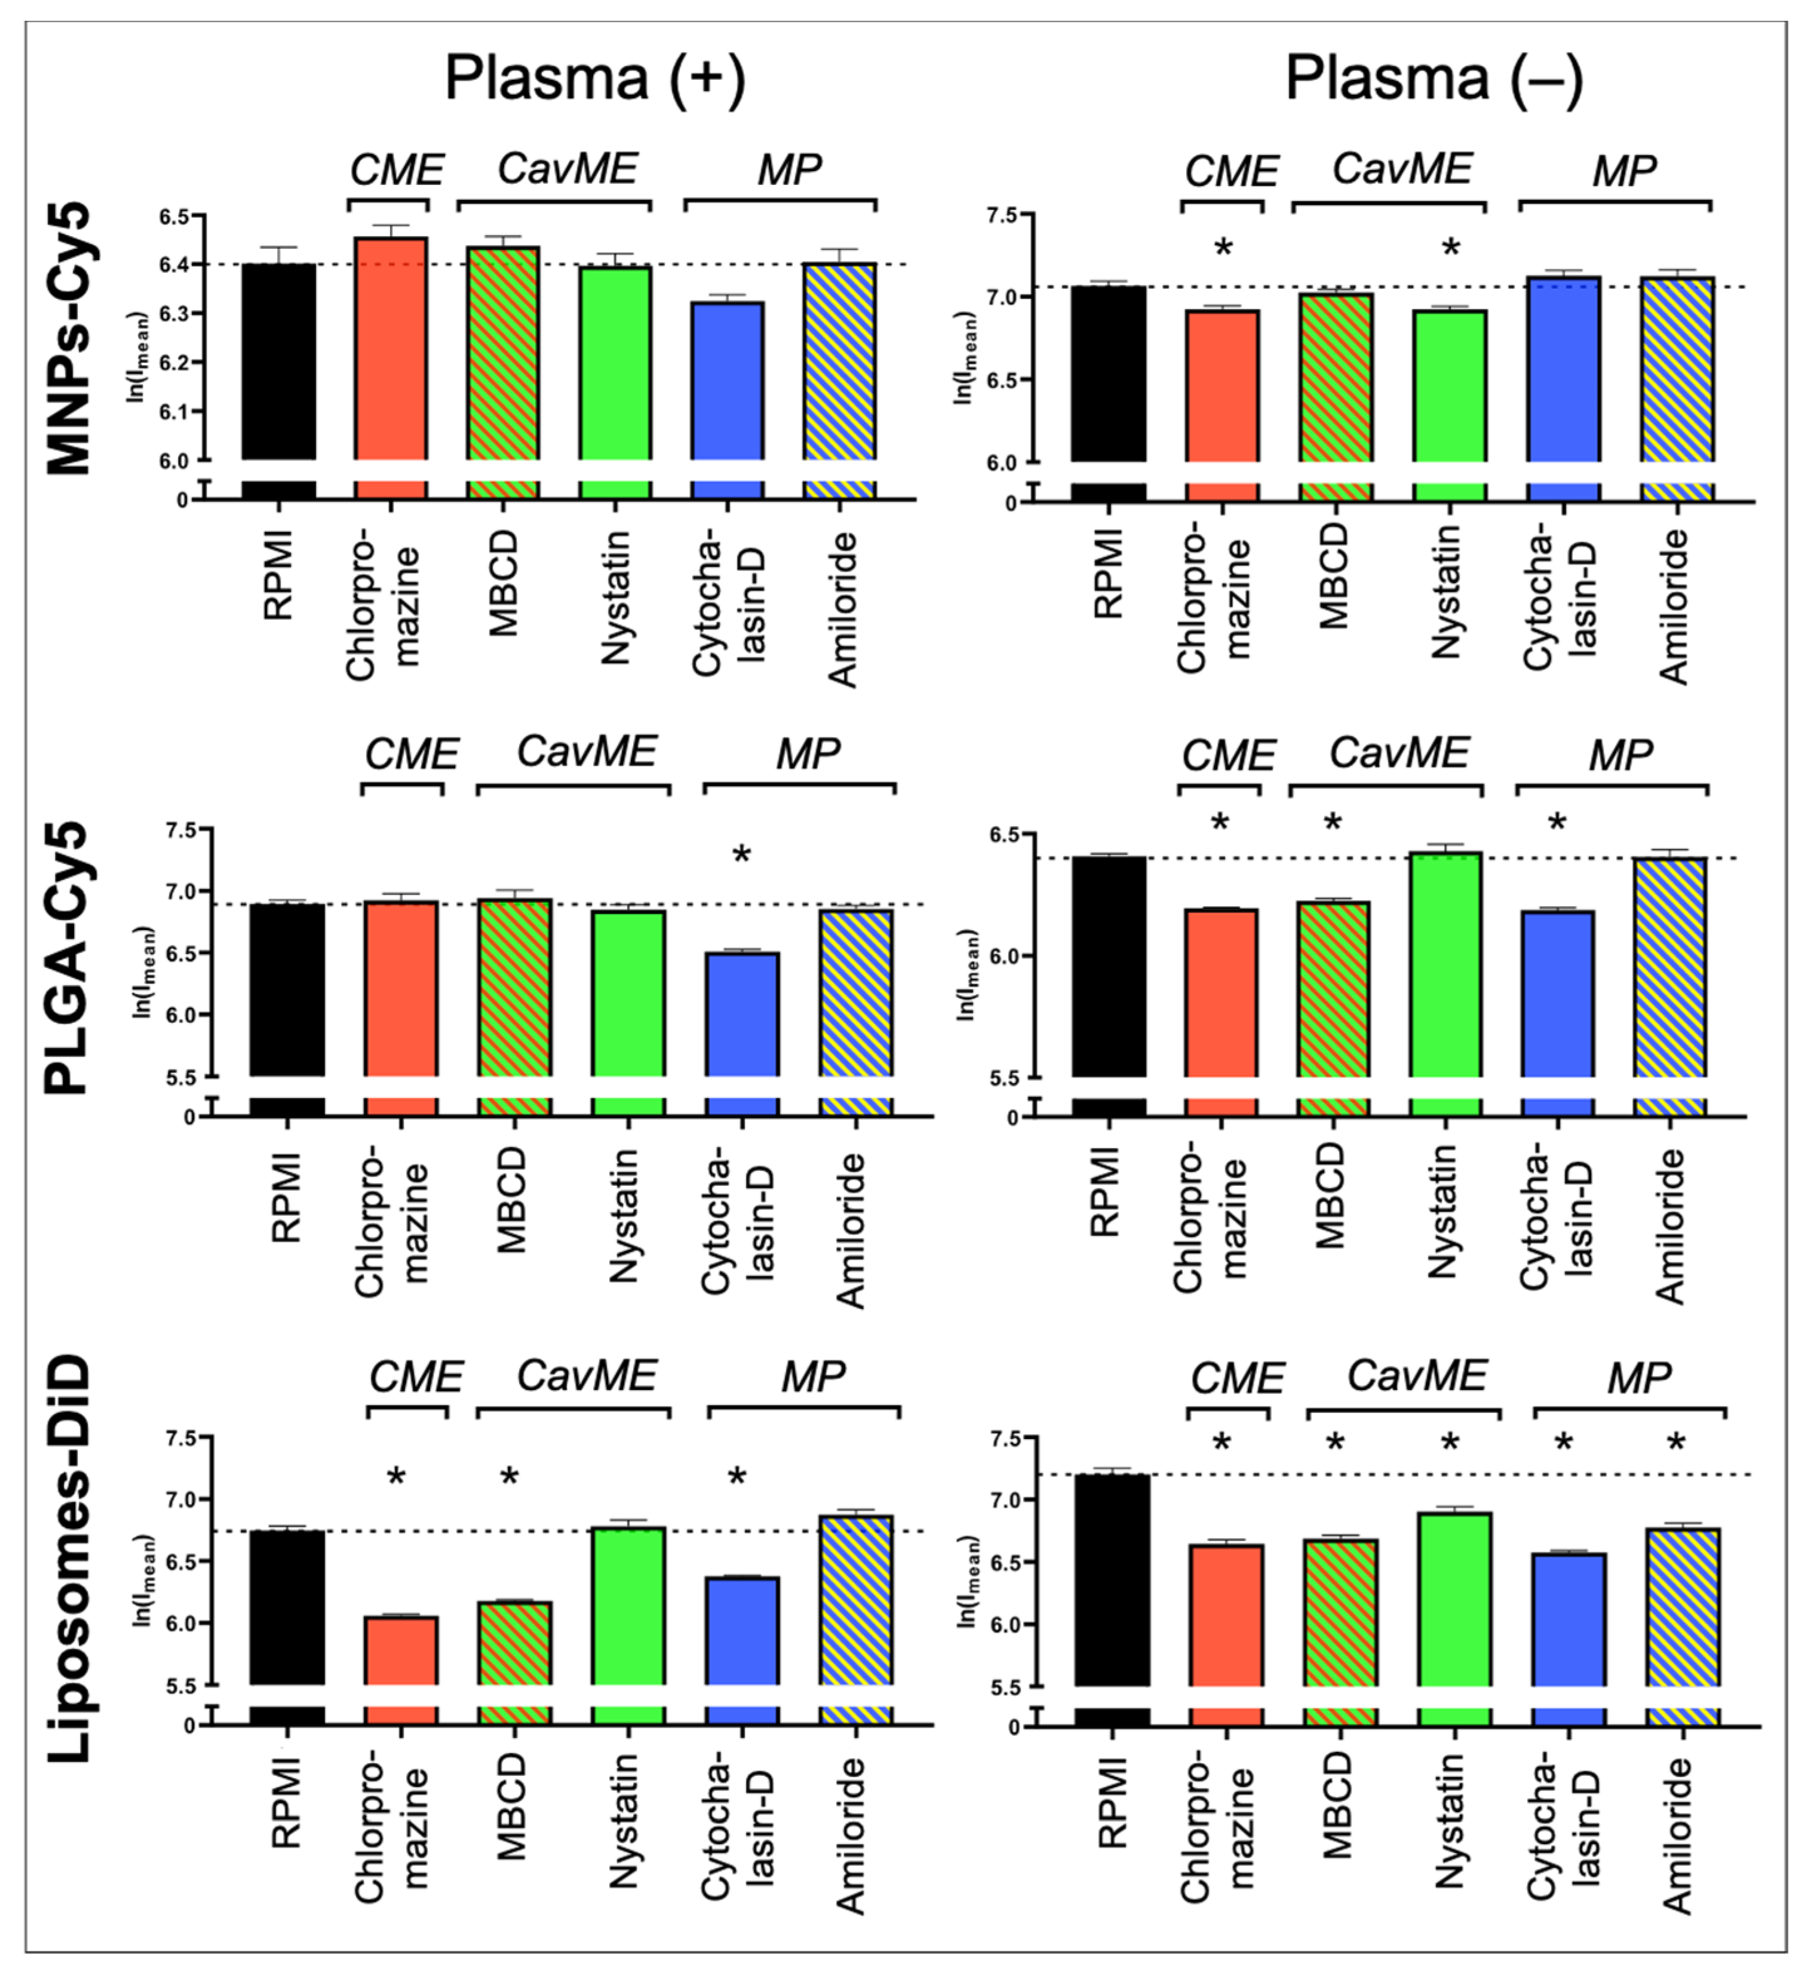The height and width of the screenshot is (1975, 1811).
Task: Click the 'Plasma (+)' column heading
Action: [x=595, y=78]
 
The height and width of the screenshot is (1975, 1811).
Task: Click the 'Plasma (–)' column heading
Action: [x=1434, y=78]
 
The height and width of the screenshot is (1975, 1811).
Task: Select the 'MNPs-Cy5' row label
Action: [x=71, y=338]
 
